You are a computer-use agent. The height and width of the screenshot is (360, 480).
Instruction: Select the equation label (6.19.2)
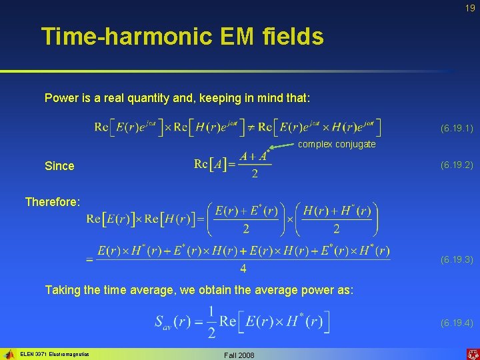click(x=456, y=165)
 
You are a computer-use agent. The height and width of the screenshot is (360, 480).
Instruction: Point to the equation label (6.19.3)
click(x=456, y=259)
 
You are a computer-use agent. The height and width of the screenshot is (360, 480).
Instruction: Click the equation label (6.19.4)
click(x=456, y=323)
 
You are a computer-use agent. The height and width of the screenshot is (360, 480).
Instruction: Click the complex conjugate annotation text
click(x=337, y=144)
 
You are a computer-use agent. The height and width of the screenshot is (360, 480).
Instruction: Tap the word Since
click(x=59, y=166)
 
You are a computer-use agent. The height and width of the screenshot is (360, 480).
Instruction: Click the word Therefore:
click(x=53, y=201)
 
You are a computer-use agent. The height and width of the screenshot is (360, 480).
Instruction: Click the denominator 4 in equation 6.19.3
click(x=243, y=269)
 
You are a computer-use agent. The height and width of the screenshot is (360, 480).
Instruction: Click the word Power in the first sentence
click(x=61, y=98)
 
